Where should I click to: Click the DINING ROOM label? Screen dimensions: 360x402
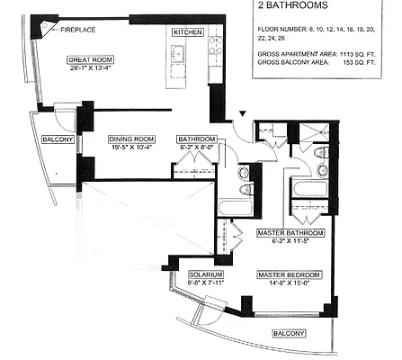(131, 139)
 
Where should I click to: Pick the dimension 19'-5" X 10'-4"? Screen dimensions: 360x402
(131, 147)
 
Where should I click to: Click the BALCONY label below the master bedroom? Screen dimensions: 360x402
(289, 332)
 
